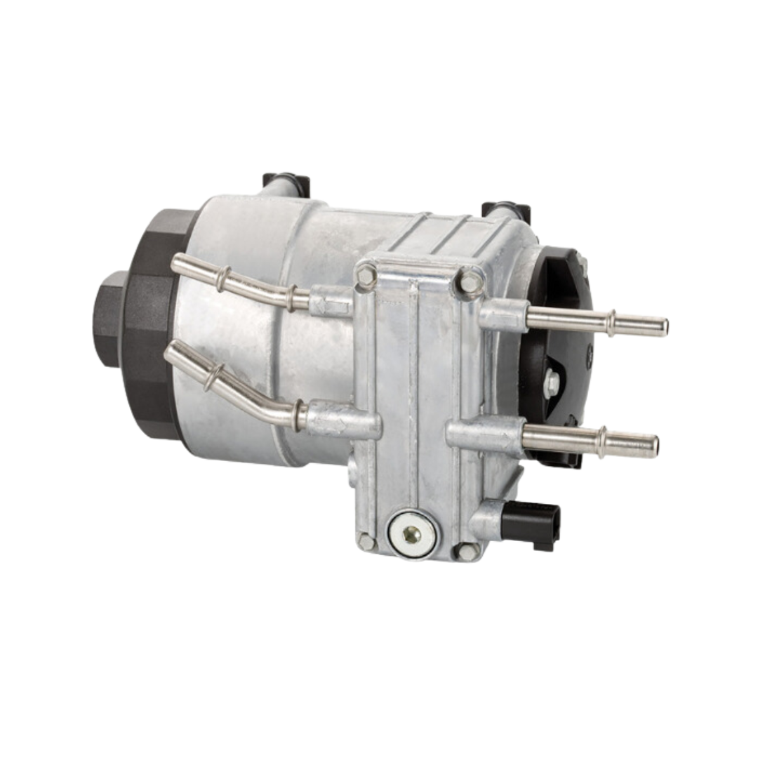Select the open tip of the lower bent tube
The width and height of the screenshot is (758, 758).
tap(170, 351)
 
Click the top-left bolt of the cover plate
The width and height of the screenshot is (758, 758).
tap(366, 275)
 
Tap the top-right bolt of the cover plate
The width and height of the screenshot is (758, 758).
tap(468, 282)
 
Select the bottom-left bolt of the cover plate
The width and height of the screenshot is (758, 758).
tap(366, 540)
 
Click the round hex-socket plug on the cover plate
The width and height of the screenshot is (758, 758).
tap(411, 534)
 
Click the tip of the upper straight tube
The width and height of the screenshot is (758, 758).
tap(663, 327)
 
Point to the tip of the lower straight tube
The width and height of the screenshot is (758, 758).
tap(654, 446)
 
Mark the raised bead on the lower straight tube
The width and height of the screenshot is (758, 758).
tap(601, 441)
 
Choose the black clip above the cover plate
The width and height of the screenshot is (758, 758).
tap(505, 210)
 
